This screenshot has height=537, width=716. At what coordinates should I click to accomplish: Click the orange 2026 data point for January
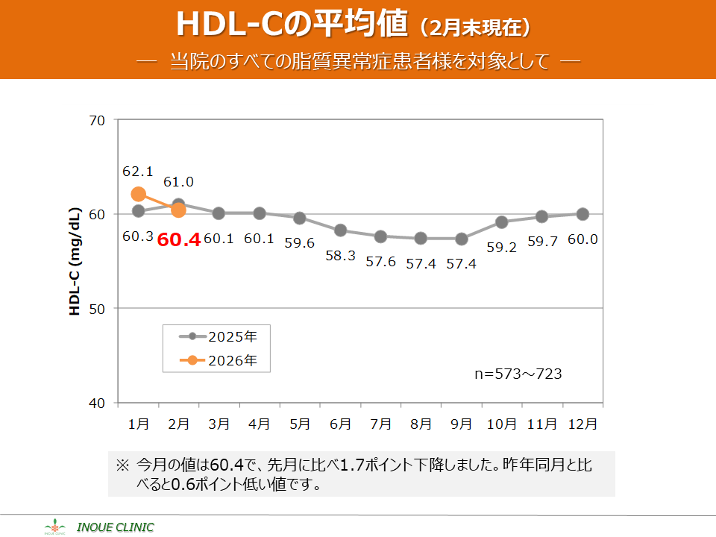(x=138, y=194)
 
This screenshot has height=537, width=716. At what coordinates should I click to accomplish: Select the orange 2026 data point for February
(x=178, y=210)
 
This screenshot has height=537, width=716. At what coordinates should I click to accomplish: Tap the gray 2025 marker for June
(x=340, y=230)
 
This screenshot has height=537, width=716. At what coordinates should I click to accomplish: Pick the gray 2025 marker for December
(x=582, y=214)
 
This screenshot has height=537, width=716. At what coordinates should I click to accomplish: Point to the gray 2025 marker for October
(x=502, y=222)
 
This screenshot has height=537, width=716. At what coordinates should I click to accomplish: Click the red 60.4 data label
(x=178, y=241)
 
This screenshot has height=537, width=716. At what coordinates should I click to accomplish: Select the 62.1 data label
(x=138, y=172)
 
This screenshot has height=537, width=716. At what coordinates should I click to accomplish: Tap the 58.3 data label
(x=340, y=255)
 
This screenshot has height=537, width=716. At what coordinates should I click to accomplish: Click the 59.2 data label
(x=502, y=248)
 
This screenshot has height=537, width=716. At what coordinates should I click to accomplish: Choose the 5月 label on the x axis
(x=300, y=424)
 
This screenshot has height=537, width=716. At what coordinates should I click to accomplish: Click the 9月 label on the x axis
(x=461, y=424)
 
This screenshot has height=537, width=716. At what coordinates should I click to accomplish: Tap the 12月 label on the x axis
(x=582, y=424)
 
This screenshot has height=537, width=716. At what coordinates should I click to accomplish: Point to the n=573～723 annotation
(x=518, y=374)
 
